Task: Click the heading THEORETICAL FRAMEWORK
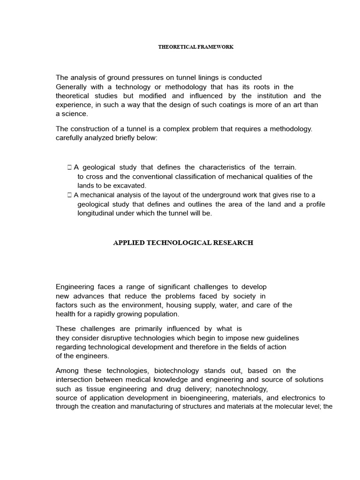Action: point(195,47)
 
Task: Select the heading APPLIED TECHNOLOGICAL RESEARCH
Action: point(183,243)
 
